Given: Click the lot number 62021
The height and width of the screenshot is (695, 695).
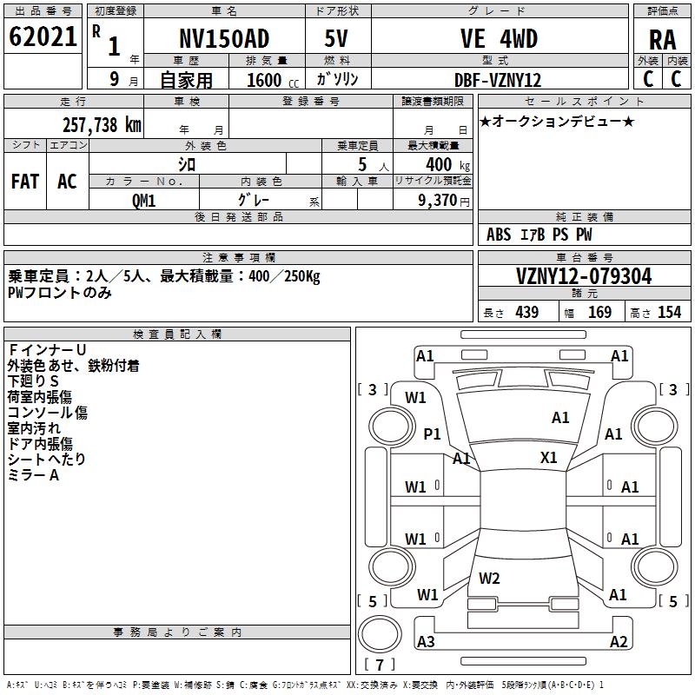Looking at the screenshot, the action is pyautogui.click(x=43, y=37).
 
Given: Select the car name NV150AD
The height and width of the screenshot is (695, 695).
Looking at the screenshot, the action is pyautogui.click(x=224, y=38).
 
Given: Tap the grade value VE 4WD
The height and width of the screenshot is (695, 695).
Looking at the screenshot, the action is pyautogui.click(x=499, y=38).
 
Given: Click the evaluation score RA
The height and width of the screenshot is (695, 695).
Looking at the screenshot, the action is pyautogui.click(x=663, y=40).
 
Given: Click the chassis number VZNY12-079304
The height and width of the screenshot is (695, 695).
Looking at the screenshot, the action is pyautogui.click(x=584, y=276).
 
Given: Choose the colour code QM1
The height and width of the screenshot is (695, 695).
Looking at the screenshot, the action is pyautogui.click(x=143, y=200).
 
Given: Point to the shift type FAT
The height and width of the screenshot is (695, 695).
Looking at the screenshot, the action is pyautogui.click(x=25, y=182).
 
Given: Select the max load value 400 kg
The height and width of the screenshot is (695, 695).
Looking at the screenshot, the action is pyautogui.click(x=439, y=164).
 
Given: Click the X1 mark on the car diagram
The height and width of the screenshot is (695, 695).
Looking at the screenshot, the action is pyautogui.click(x=549, y=457).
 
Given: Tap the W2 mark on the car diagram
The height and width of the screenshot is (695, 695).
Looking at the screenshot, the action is pyautogui.click(x=489, y=578).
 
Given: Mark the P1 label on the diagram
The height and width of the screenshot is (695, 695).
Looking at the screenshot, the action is pyautogui.click(x=432, y=434).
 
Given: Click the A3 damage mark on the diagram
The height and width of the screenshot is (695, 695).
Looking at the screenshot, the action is pyautogui.click(x=426, y=642).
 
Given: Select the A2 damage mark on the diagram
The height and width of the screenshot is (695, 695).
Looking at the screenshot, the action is pyautogui.click(x=619, y=642).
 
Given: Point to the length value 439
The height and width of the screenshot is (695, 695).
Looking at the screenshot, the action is pyautogui.click(x=526, y=313).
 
